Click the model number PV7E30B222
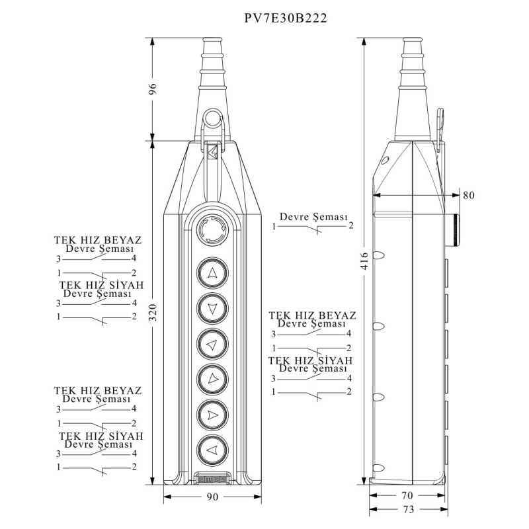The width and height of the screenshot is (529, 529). click(286, 19)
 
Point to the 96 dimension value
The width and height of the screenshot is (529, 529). click(153, 89)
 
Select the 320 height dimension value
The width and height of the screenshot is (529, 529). click(153, 312)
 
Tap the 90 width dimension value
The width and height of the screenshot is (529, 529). click(213, 497)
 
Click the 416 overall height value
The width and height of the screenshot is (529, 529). click(365, 261)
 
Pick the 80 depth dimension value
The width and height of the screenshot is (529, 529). click(469, 195)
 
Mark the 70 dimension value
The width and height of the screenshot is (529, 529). click(407, 495)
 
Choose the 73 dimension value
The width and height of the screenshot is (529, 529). click(408, 509)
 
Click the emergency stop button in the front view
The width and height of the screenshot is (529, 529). click(212, 230)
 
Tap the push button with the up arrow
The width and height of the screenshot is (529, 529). click(212, 273)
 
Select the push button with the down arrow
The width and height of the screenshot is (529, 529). click(212, 308)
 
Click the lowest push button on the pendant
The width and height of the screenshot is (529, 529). click(212, 450)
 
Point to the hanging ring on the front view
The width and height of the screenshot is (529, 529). click(213, 118)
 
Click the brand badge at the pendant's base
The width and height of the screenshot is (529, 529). click(212, 479)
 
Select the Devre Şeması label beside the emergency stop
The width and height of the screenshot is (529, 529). click(313, 217)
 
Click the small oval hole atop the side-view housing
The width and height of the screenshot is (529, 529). click(386, 159)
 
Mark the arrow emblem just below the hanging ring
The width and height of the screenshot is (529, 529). click(212, 152)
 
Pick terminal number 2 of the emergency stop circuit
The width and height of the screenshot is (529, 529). click(351, 225)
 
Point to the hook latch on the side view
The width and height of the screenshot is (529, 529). click(440, 129)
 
